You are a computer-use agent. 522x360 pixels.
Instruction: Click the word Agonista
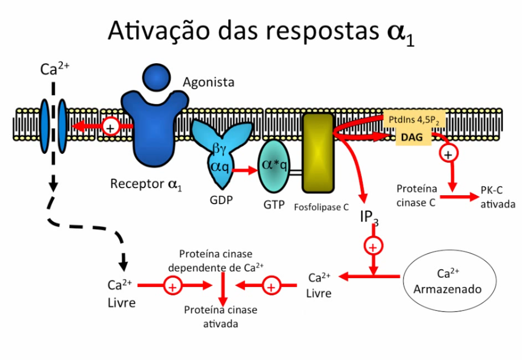pos(208,82)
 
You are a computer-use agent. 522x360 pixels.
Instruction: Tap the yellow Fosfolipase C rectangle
pos(318,152)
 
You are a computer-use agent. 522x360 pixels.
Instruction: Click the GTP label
pos(274,205)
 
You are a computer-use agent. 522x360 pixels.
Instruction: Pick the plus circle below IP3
pos(373,246)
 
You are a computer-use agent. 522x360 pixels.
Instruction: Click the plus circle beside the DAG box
pos(447,154)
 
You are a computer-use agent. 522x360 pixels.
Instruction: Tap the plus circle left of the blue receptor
pos(110,126)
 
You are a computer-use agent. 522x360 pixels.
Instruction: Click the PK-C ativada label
pos(497,198)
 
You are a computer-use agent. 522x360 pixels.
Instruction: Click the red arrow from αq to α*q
pos(246,170)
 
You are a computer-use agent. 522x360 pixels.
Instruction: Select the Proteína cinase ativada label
pos(221,317)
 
